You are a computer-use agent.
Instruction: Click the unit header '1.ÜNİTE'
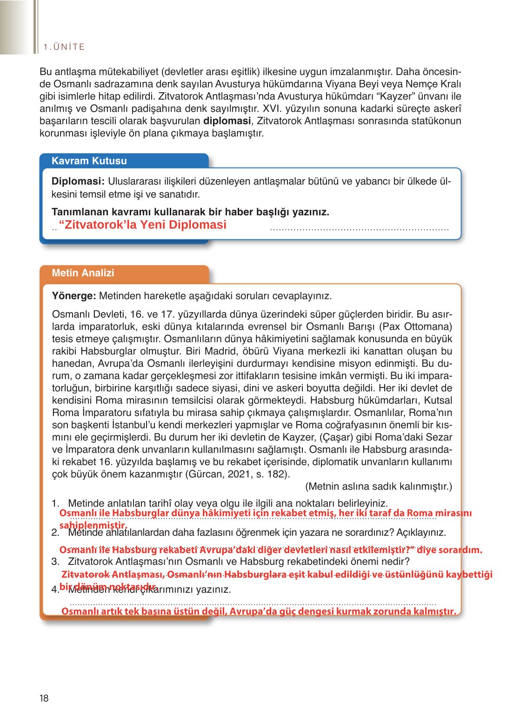(64, 47)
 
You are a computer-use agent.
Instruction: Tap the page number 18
(44, 698)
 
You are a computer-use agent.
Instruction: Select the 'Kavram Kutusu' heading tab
(89, 161)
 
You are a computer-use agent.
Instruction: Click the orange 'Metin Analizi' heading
(83, 273)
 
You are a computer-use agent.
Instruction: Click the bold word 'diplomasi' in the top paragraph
(227, 121)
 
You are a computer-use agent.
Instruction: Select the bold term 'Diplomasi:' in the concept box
(78, 182)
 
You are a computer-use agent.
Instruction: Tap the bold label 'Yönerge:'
(74, 296)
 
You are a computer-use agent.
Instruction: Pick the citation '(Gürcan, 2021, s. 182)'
(237, 475)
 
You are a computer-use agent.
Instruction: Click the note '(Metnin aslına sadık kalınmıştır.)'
(378, 487)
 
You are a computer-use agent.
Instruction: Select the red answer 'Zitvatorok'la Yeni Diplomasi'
(142, 225)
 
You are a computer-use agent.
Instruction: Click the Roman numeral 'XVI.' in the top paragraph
(273, 109)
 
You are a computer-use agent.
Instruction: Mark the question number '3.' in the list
(55, 562)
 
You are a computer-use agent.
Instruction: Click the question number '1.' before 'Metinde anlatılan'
(55, 503)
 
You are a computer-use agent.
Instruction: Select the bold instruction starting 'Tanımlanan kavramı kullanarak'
(190, 212)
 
